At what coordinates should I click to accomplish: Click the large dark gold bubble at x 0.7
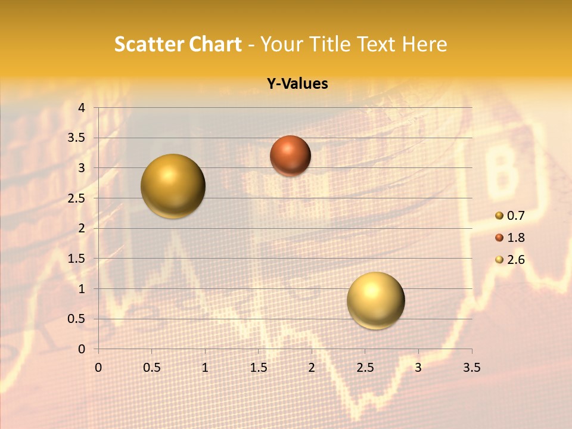tap(173, 186)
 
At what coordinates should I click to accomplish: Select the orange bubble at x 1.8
tap(290, 156)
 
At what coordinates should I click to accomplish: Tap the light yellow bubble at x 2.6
tap(375, 300)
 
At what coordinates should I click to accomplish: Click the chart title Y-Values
tap(297, 84)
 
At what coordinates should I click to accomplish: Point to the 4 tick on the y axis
tap(82, 108)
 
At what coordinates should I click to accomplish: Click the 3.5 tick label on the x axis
tap(471, 368)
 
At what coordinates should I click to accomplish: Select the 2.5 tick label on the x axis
tap(365, 368)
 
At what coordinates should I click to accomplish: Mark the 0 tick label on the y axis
tap(82, 349)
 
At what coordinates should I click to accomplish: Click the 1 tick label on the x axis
tap(205, 368)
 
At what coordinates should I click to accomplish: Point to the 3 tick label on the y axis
tap(82, 168)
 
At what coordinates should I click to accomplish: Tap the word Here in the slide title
tap(424, 44)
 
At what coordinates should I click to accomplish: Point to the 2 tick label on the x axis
tap(312, 368)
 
